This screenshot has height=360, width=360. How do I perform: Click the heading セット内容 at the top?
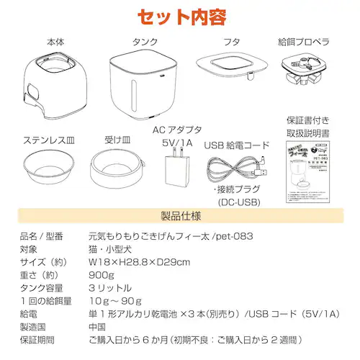coord(180,15)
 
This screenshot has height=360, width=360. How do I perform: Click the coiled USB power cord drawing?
coord(235,172)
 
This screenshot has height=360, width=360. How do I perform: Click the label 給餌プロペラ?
coord(305,41)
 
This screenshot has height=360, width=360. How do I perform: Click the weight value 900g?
coord(99,275)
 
